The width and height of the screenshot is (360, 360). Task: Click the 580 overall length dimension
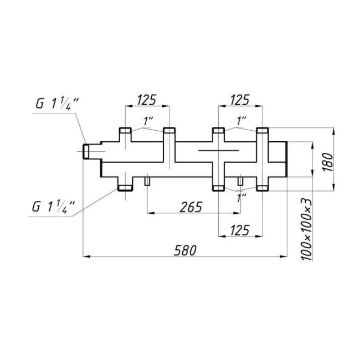185,250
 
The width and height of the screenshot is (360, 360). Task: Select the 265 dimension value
191,207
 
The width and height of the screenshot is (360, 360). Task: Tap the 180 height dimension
328,162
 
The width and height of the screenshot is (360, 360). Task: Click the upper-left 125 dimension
146,100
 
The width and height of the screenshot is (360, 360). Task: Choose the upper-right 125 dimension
240,100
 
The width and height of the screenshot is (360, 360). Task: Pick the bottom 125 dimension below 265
240,230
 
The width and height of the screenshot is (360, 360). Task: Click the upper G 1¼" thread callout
57,104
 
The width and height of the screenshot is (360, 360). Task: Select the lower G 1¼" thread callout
54,207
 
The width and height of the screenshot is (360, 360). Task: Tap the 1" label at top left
148,121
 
